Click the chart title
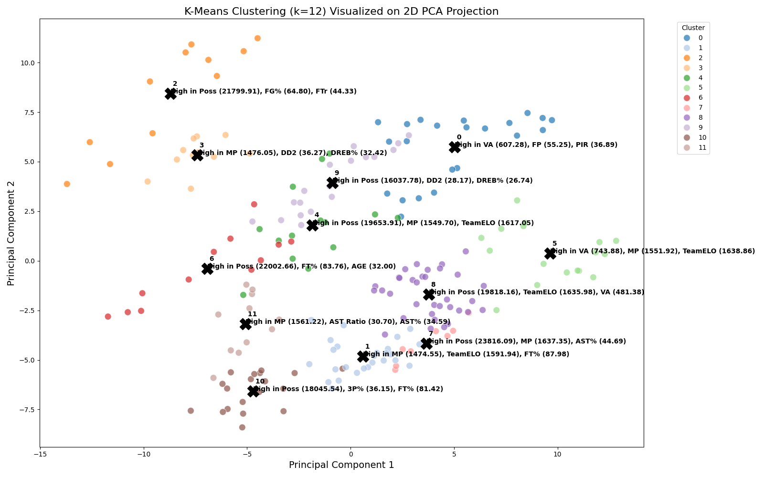coord(341,11)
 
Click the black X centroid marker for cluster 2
coord(170,94)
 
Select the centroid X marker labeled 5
coord(550,254)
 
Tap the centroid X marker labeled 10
coord(254,391)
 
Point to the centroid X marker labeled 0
coord(455,147)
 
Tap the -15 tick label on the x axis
coord(40,454)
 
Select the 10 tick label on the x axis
coord(557,454)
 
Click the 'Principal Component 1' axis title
coord(341,465)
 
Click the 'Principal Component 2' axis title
coord(11,233)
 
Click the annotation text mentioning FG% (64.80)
coord(264,92)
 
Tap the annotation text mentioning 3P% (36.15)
coord(348,389)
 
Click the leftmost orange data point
coord(67,184)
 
